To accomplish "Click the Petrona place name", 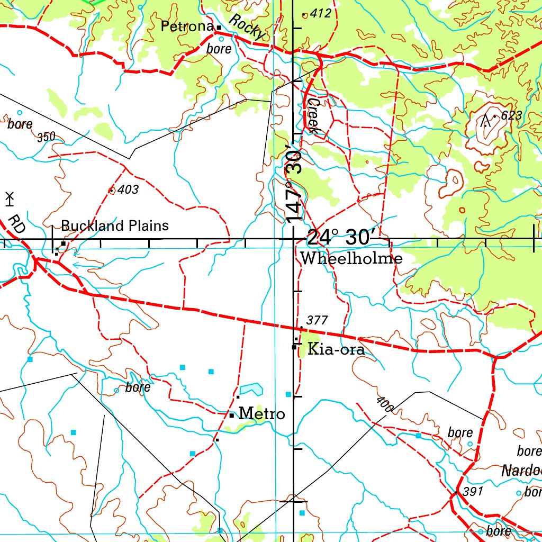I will pos(187,26).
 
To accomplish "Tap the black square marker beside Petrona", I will pos(218,27).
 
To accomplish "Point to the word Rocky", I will pos(247,27).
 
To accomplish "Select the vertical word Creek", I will pos(314,115).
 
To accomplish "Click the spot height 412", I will pos(321,14).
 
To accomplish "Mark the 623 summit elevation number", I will pos(511,115).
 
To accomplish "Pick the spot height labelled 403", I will pos(128,189).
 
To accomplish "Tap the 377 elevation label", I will pos(317,320).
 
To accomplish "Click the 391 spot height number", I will pos(473,491).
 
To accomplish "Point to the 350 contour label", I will pos(47,138).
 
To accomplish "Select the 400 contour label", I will pos(386,405).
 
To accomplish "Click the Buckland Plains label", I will pos(115,226).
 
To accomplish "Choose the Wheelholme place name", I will pos(351,259).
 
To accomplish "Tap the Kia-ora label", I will pos(336,350).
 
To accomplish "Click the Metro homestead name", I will pos(262,413).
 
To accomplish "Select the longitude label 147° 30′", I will pos(294,182).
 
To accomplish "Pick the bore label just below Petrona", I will pos(219,49).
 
